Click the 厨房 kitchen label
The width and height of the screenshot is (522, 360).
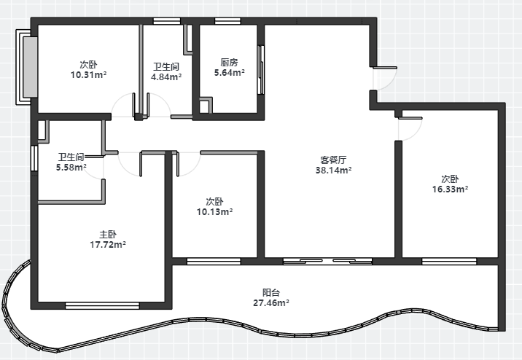229,62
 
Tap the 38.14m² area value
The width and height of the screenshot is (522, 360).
334,171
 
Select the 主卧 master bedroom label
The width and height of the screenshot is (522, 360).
108,234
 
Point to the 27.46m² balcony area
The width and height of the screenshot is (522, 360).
271,303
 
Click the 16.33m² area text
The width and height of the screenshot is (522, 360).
450,189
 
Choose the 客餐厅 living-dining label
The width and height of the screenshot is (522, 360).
334,160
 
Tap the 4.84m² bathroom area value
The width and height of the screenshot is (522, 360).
166,77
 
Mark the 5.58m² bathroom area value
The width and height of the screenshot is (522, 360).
71,168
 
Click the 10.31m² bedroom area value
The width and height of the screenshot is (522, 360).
88,75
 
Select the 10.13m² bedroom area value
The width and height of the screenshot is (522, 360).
215,212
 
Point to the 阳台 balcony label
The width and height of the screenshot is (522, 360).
271,293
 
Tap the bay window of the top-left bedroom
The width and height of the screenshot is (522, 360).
27,67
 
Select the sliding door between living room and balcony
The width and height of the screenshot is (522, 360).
327,262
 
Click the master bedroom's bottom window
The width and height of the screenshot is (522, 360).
102,305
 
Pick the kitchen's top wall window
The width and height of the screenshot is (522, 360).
227,21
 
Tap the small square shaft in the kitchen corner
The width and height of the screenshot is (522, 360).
206,105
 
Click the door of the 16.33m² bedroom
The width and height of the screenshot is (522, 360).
410,129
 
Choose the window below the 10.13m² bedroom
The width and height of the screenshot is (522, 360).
214,262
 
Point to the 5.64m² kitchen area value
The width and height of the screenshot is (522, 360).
230,73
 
